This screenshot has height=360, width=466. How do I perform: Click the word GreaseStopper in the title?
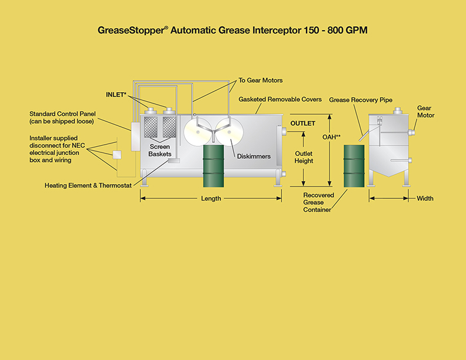click(x=131, y=31)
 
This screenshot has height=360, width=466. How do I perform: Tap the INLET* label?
click(x=116, y=95)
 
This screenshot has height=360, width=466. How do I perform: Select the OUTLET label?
click(x=303, y=124)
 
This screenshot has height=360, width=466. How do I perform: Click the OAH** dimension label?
click(x=331, y=137)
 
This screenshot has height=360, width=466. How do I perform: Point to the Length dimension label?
click(x=211, y=198)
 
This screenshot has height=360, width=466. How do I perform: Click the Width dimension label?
click(x=425, y=198)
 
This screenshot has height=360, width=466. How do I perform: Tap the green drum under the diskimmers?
click(x=214, y=166)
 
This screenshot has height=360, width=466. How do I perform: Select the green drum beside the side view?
click(x=354, y=166)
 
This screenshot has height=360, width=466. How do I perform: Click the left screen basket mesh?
click(x=151, y=127)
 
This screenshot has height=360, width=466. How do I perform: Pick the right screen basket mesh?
click(x=169, y=127)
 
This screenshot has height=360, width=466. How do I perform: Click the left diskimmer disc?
click(x=198, y=132)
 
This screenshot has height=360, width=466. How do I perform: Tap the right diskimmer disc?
click(x=229, y=132)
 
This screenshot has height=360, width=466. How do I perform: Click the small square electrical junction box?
click(x=117, y=155)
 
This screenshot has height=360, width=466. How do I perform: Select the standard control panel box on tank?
click(x=135, y=136)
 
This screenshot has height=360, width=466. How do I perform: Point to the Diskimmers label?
click(x=254, y=156)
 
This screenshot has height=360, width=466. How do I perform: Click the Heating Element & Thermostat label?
click(x=88, y=186)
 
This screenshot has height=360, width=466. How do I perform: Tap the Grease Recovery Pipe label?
click(x=361, y=100)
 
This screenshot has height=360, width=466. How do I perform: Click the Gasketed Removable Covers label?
click(x=280, y=99)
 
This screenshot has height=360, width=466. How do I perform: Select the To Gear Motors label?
click(x=261, y=81)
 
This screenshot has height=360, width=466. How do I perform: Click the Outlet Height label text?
click(x=304, y=157)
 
